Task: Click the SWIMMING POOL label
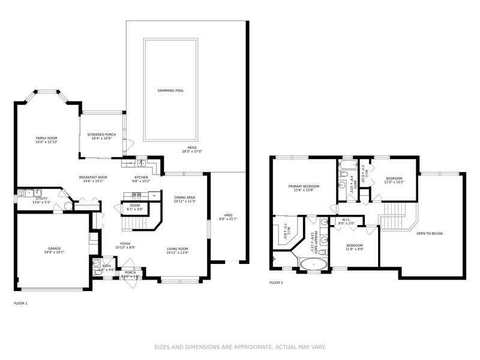coord(170,91)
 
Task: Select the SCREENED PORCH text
coord(101,134)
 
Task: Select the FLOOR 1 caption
coord(20,304)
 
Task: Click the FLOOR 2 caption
coord(276,282)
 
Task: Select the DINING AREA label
coord(185,197)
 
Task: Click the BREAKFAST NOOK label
coord(93,178)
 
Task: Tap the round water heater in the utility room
coord(67,205)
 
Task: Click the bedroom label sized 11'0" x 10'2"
coord(394,178)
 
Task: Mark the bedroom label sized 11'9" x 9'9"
coord(354,245)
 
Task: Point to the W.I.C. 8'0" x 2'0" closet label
coord(346,221)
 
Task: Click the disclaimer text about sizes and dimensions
coord(239,347)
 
